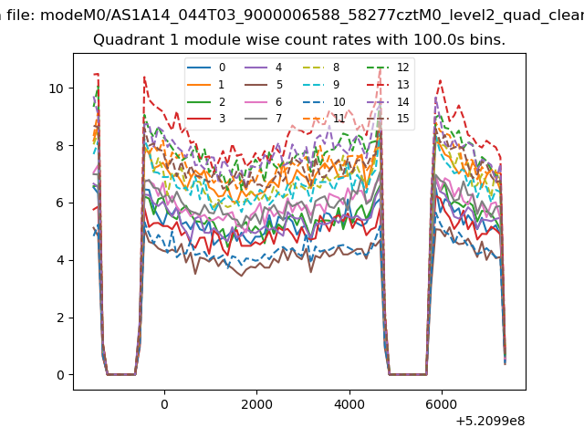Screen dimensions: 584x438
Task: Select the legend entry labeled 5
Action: tap(264, 85)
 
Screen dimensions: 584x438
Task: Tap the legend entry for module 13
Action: tap(388, 85)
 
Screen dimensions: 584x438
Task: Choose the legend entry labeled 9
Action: tap(321, 85)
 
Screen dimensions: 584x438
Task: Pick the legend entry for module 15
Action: tap(388, 119)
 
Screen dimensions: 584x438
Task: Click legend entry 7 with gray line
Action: tap(263, 119)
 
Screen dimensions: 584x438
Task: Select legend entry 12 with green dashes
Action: tap(388, 68)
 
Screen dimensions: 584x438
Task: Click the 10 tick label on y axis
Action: tap(57, 89)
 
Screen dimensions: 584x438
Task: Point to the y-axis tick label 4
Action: tap(60, 260)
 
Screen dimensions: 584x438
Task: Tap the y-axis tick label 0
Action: tap(60, 375)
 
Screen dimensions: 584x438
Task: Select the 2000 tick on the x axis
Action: tap(256, 404)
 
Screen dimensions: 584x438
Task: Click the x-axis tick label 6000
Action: tap(442, 404)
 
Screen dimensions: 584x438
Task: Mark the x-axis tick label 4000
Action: tap(349, 404)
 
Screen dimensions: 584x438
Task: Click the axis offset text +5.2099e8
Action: tap(490, 422)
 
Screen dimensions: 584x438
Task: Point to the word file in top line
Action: tap(21, 16)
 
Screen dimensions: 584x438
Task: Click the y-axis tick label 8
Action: tap(60, 146)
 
